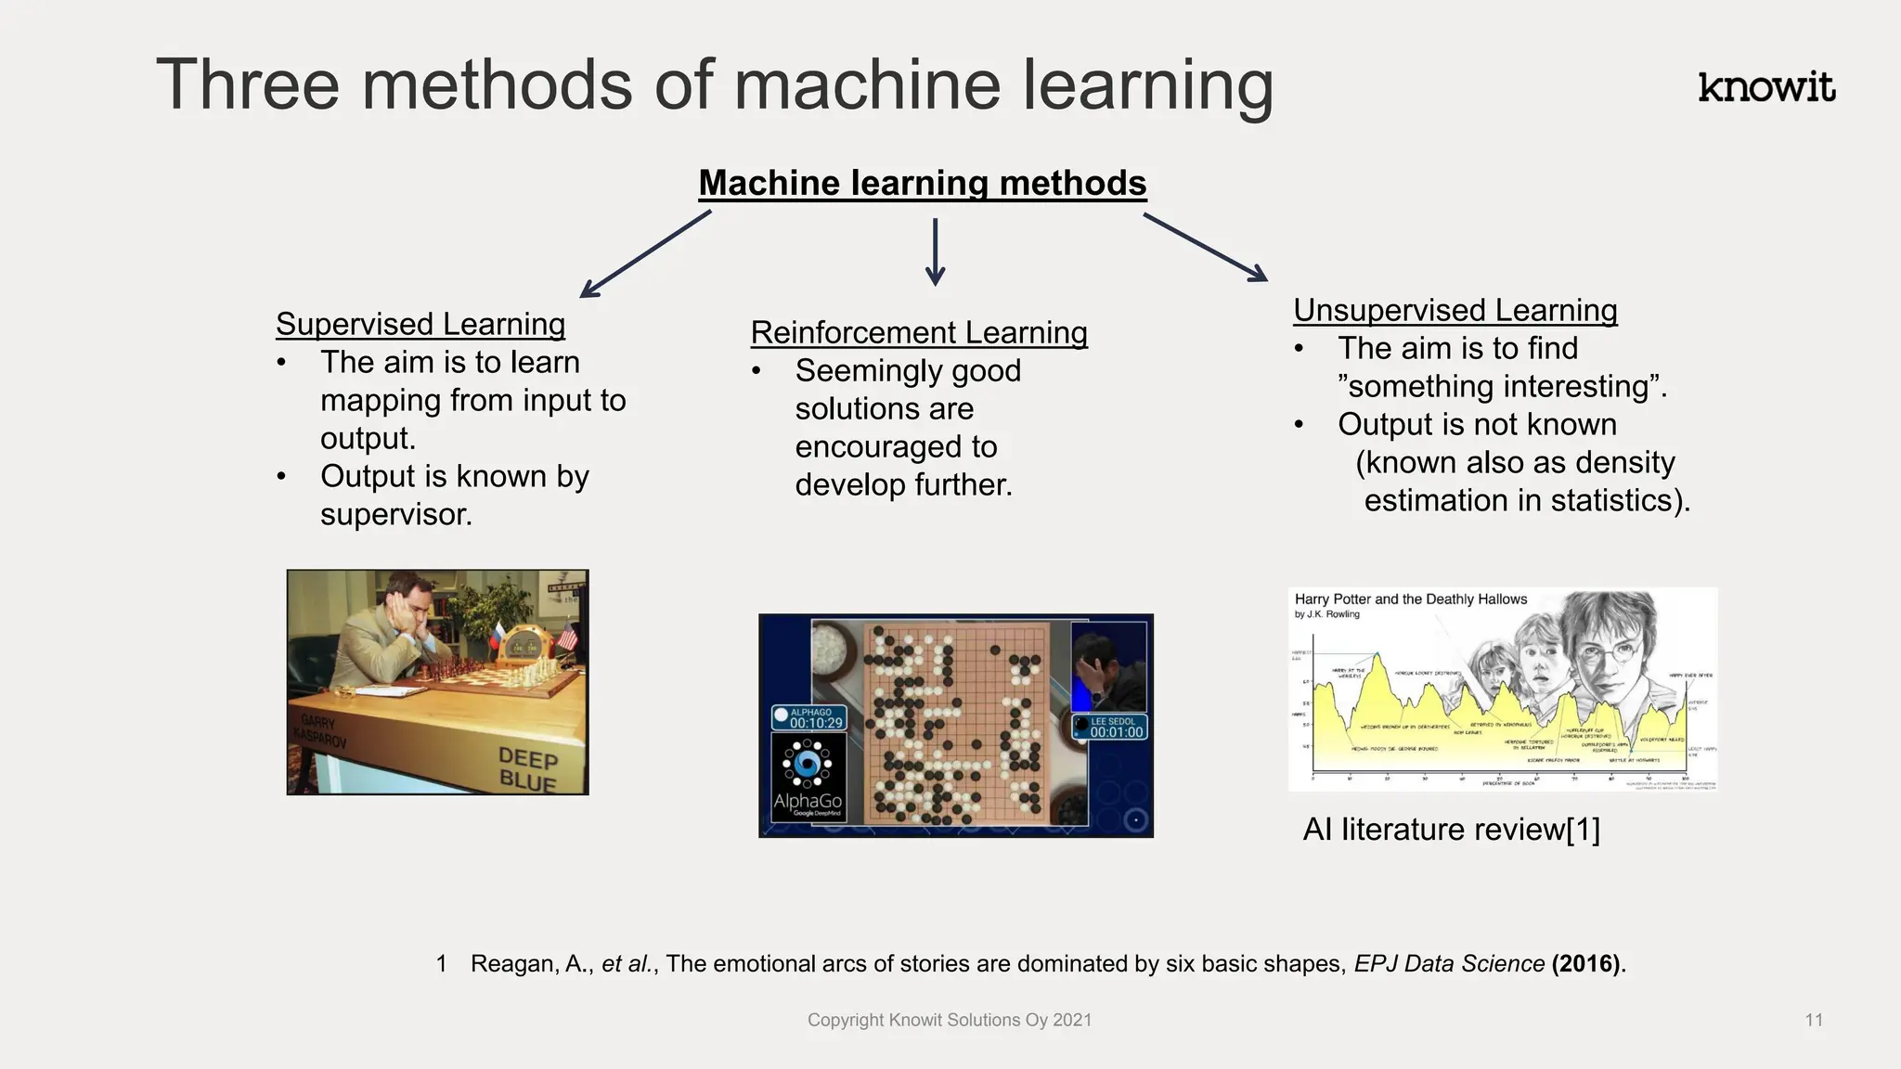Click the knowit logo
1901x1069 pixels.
point(1765,87)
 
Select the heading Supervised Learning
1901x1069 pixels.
point(420,324)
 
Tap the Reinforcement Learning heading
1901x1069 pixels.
point(918,332)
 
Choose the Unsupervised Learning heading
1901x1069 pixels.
point(1455,310)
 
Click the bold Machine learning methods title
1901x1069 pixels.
point(922,183)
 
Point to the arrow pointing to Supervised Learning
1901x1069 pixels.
point(645,253)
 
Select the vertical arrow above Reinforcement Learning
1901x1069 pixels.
point(935,251)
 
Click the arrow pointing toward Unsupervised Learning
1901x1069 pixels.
point(1205,247)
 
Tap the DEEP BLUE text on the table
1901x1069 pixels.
point(527,769)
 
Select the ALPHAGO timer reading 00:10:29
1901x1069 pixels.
point(810,718)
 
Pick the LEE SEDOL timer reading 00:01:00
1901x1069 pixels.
point(1111,728)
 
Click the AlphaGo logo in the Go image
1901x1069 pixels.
point(808,779)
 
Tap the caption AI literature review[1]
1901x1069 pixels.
point(1451,829)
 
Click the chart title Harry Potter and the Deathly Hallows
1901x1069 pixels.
point(1410,599)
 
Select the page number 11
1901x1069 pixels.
point(1814,1020)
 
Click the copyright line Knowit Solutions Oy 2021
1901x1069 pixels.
point(949,1020)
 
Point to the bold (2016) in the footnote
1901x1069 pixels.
point(1588,963)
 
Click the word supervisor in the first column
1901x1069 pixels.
point(396,514)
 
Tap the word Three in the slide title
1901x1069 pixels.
point(248,85)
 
